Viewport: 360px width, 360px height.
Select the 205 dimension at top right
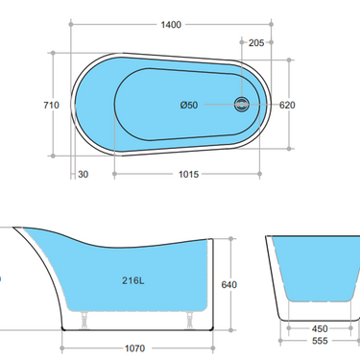tap(255, 42)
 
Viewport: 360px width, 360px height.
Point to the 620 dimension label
tap(288, 106)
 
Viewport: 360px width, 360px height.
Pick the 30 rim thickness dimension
tap(84, 174)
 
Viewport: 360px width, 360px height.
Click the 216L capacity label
tap(133, 281)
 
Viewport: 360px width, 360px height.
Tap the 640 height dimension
tap(228, 284)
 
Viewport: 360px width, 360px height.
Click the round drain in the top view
tap(241, 106)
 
